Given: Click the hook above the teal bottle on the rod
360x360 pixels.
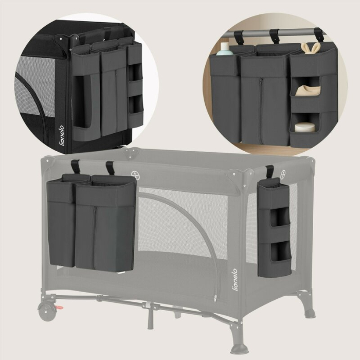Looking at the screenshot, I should (238, 38).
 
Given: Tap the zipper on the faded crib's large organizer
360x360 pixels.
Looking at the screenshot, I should (95, 231).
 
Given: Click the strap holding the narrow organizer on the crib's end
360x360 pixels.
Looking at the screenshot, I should (269, 171).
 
